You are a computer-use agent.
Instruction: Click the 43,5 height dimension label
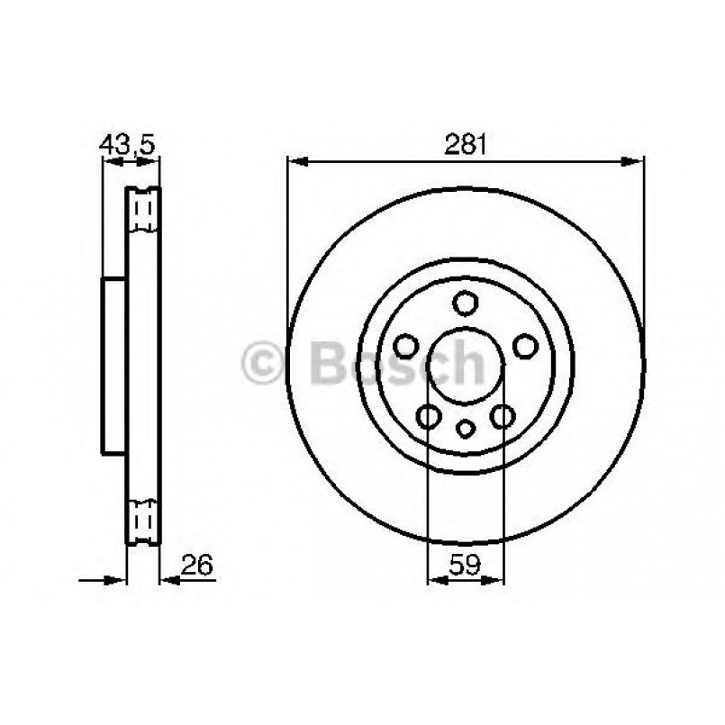[x=127, y=143]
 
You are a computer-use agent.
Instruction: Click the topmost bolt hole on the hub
[x=465, y=303]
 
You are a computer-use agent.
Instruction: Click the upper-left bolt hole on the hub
[x=406, y=346]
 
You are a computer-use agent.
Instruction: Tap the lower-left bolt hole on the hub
[x=429, y=415]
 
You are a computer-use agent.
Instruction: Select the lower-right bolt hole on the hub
[x=502, y=415]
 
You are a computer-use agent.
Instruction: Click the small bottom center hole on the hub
[x=465, y=429]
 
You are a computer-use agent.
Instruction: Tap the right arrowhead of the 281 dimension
[x=635, y=162]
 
